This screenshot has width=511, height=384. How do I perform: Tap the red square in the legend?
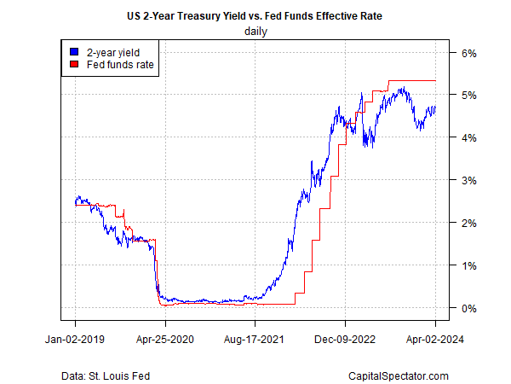coord(74,64)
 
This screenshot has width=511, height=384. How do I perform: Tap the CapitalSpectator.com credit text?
coord(398,375)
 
